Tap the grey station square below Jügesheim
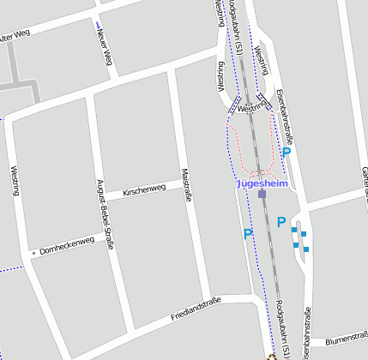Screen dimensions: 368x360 click(x=262, y=195)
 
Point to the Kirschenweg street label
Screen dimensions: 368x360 click(x=143, y=189)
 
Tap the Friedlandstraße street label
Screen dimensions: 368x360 click(x=196, y=308)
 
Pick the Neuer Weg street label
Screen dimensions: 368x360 click(x=105, y=46)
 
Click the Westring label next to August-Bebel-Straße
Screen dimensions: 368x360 click(x=15, y=180)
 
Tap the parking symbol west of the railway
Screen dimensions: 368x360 click(x=248, y=234)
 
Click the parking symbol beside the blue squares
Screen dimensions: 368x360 click(x=281, y=223)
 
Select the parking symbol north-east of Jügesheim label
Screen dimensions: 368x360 click(x=287, y=152)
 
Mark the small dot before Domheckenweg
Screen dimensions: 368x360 click(x=33, y=253)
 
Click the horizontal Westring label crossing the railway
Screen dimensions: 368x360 click(x=252, y=109)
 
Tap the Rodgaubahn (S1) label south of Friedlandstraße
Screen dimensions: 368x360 click(x=283, y=330)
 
